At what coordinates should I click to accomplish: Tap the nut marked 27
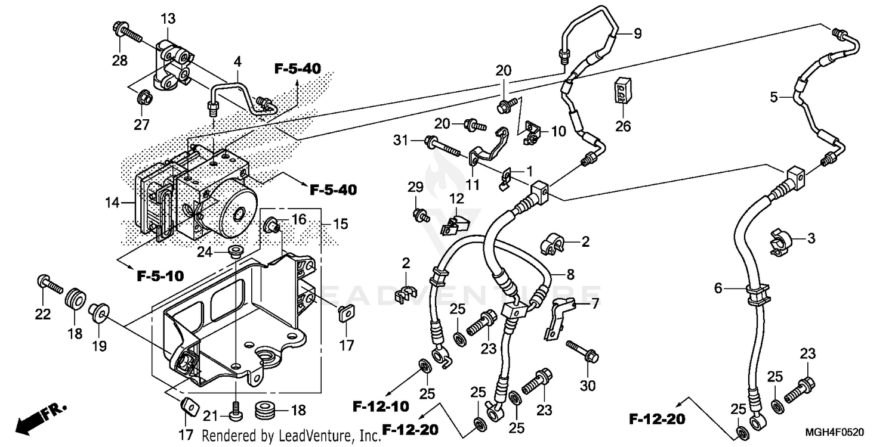point(143,96)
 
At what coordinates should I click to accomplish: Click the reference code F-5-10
point(160,276)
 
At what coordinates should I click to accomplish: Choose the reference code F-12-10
point(379,406)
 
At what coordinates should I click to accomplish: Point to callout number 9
point(637,34)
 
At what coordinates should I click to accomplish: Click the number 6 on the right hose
point(718,288)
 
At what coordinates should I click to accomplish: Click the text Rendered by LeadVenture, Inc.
point(291,436)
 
